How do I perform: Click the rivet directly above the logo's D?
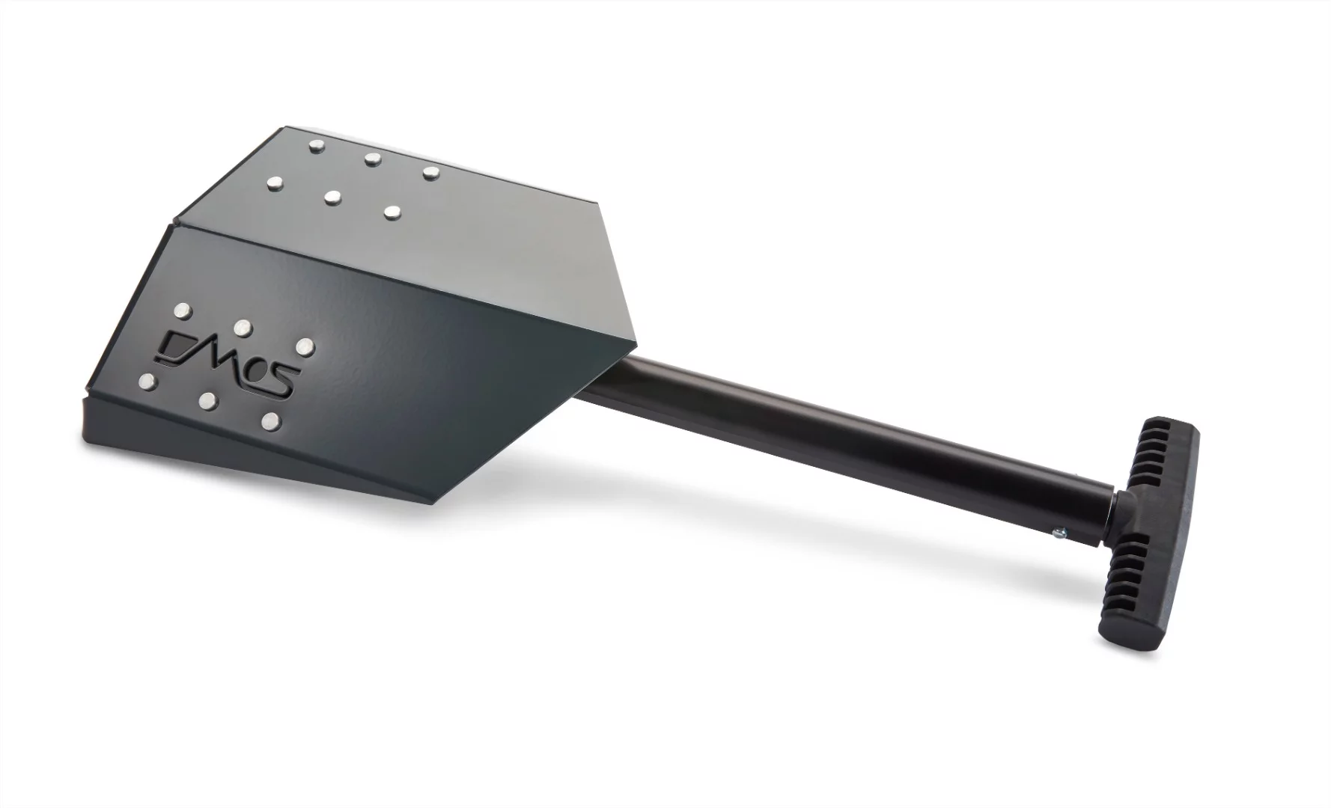[x=182, y=310]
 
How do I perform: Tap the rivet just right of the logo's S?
[x=304, y=346]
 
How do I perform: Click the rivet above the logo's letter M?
[x=242, y=327]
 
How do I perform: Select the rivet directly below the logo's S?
[x=272, y=421]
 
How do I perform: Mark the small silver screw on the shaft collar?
[x=1059, y=532]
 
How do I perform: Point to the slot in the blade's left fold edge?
[x=174, y=222]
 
